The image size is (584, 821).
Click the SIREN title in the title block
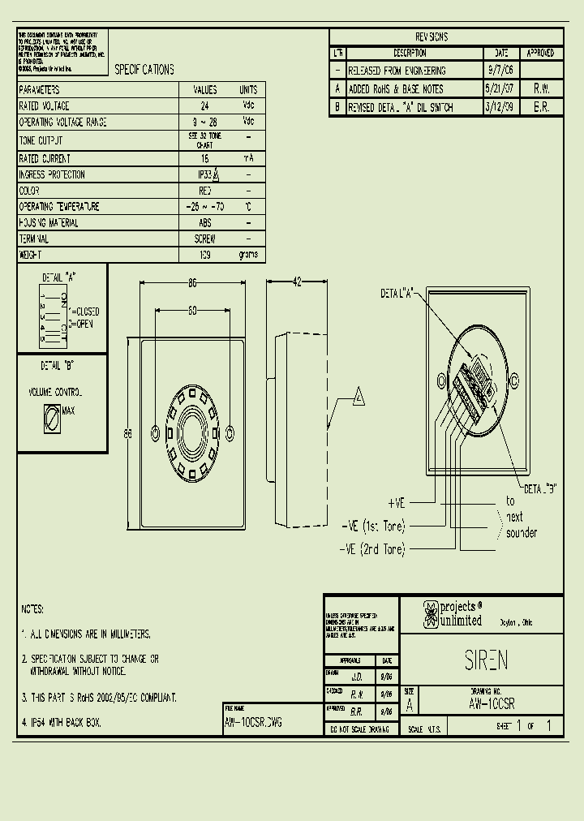tap(487, 660)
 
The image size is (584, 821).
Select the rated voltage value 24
tap(204, 106)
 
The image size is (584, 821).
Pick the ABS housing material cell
tap(204, 223)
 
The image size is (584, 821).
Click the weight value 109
tap(204, 255)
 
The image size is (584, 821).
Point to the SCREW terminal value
tap(204, 239)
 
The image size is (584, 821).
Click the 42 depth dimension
tap(296, 282)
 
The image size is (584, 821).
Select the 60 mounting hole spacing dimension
tap(192, 310)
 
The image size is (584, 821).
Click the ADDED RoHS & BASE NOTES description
tap(396, 89)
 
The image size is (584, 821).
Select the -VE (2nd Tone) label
tap(371, 549)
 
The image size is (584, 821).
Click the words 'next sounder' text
tap(519, 525)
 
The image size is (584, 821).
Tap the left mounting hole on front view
tap(157, 429)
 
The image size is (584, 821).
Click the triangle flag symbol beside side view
tap(358, 397)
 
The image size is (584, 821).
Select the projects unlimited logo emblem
tap(430, 614)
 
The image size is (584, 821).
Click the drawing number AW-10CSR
tap(492, 704)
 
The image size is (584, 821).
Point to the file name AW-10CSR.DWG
tap(254, 721)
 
